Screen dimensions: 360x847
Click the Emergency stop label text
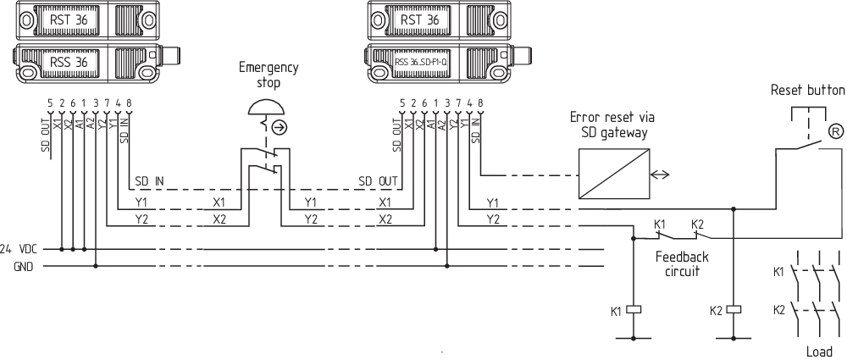pos(268,75)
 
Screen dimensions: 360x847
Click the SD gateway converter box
pos(614,174)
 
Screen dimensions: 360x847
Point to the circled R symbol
pos(835,130)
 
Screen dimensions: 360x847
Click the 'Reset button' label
pos(807,90)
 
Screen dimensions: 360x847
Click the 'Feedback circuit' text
pos(682,263)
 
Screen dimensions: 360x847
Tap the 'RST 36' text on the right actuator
pos(419,19)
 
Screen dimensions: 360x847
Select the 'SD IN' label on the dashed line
pos(149,180)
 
